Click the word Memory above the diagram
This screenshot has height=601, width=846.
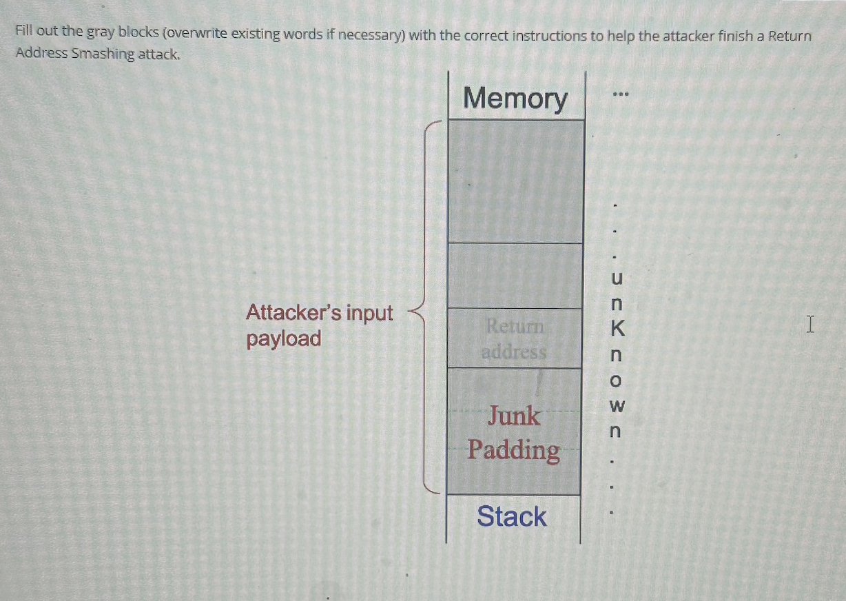pyautogui.click(x=515, y=98)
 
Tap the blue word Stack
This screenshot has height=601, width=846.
pyautogui.click(x=512, y=517)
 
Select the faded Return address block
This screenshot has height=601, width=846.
pyautogui.click(x=514, y=338)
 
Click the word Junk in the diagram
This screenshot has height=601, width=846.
pyautogui.click(x=514, y=416)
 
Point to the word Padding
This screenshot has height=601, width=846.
pyautogui.click(x=514, y=450)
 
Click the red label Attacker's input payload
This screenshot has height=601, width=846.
pyautogui.click(x=319, y=325)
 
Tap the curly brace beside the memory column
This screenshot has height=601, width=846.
pyautogui.click(x=422, y=307)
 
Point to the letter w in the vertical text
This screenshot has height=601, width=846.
pyautogui.click(x=617, y=407)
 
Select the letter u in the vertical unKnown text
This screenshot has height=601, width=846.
pyautogui.click(x=617, y=278)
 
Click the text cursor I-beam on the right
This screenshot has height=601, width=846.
pyautogui.click(x=811, y=324)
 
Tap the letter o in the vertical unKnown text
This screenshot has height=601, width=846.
pyautogui.click(x=617, y=381)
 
